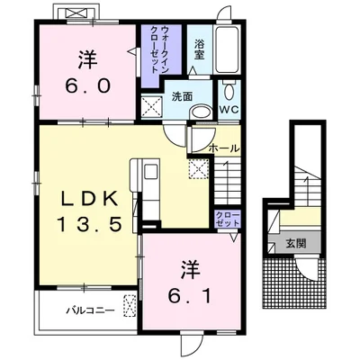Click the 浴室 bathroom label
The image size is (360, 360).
(x=199, y=49)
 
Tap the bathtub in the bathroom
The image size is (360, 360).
(x=228, y=49)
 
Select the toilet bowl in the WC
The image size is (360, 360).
(x=229, y=91)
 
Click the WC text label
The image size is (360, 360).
(x=229, y=110)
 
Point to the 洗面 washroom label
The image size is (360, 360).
(x=182, y=96)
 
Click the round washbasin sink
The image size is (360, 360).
(x=201, y=112)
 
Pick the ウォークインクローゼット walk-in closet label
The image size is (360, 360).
(x=160, y=49)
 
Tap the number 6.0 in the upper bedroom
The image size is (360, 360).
(x=87, y=86)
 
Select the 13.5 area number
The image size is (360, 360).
(x=89, y=224)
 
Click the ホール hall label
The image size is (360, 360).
(x=224, y=148)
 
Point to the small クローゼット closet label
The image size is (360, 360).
(x=228, y=219)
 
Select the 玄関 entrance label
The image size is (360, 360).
(x=296, y=243)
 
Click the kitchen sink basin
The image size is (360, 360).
(x=149, y=173)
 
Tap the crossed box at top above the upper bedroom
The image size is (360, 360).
(x=76, y=13)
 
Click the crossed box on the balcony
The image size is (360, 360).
(x=130, y=306)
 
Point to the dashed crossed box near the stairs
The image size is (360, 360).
(x=198, y=169)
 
